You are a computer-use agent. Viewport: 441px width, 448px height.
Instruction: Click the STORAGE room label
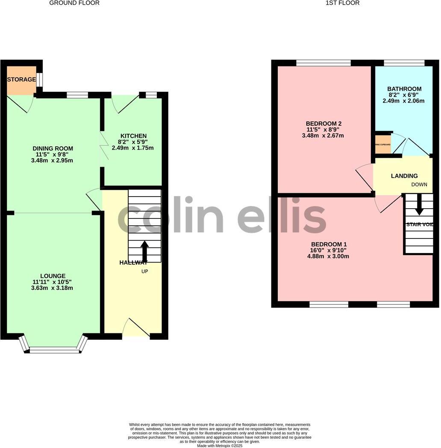pos(21,80)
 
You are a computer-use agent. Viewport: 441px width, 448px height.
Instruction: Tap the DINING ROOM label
pos(53,148)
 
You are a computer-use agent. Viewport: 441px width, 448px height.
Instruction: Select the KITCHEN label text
pos(133,136)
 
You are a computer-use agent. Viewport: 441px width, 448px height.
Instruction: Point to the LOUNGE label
pos(53,276)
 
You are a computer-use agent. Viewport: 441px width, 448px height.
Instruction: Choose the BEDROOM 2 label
pos(323,124)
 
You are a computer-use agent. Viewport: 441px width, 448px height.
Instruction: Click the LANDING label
pos(404,176)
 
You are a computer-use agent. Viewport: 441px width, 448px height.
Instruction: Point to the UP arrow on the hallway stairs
pos(144,251)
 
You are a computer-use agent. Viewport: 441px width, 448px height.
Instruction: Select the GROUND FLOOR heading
pos(74,3)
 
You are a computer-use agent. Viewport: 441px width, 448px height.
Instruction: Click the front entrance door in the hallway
pos(136,328)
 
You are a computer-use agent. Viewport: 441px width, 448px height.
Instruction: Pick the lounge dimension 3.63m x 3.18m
pos(52,288)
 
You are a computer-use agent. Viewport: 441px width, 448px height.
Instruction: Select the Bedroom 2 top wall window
pos(323,63)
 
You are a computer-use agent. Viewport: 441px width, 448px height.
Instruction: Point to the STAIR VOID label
pos(420,224)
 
